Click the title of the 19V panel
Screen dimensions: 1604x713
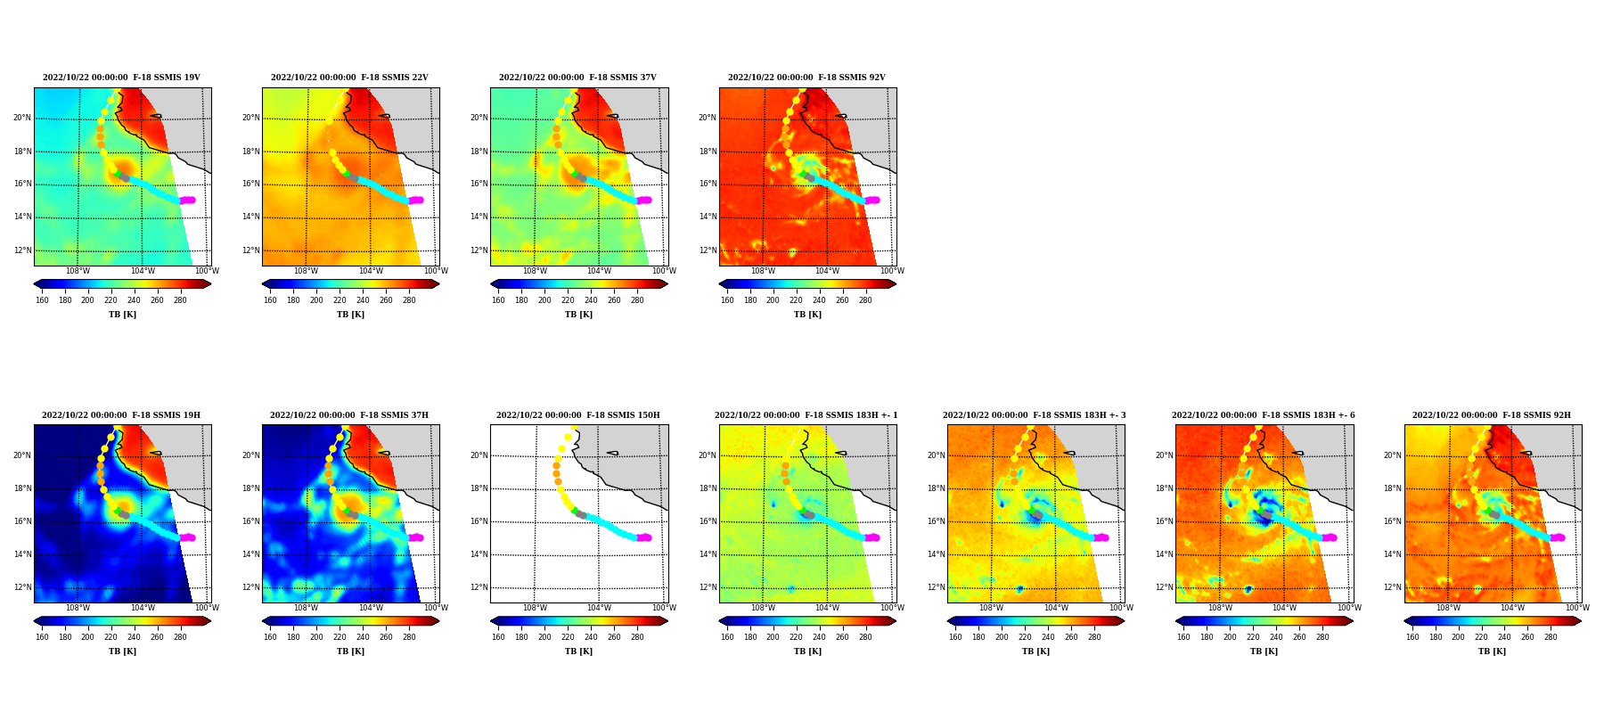(x=121, y=78)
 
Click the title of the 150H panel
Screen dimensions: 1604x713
(x=578, y=415)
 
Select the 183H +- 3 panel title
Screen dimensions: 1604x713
(x=1035, y=415)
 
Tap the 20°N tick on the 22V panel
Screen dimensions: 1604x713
(x=250, y=118)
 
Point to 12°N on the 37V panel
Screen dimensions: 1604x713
(x=479, y=250)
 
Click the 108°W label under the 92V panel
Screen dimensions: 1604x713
(x=763, y=271)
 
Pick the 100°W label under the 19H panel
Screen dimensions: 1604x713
(x=207, y=609)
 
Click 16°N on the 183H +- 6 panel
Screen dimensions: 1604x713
(x=1164, y=521)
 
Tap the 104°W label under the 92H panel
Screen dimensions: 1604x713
(x=1512, y=609)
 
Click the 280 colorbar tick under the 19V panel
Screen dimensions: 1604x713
(x=180, y=300)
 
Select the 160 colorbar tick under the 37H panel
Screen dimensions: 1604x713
(x=270, y=637)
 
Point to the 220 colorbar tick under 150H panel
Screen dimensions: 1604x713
(x=568, y=637)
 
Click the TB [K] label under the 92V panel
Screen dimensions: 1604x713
(x=807, y=315)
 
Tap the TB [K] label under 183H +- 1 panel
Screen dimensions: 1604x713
(x=807, y=652)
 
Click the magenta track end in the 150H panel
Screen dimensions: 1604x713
(x=644, y=537)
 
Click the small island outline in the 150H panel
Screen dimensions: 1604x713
(x=613, y=453)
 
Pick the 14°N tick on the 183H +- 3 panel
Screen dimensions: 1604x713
(x=936, y=554)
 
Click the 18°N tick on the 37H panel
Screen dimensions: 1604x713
(x=250, y=488)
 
